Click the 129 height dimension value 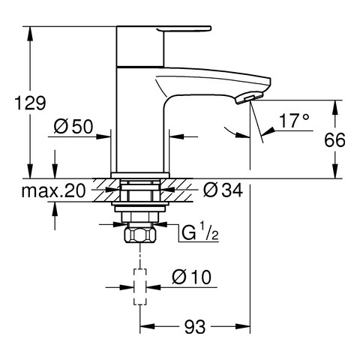[x=31, y=103]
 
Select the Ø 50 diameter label [x=73, y=127]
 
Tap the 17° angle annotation [x=294, y=121]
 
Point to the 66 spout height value [x=334, y=139]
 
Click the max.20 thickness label [x=53, y=191]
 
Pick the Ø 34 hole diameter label [x=223, y=190]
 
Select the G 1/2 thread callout [x=199, y=233]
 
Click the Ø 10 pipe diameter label [x=191, y=277]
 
